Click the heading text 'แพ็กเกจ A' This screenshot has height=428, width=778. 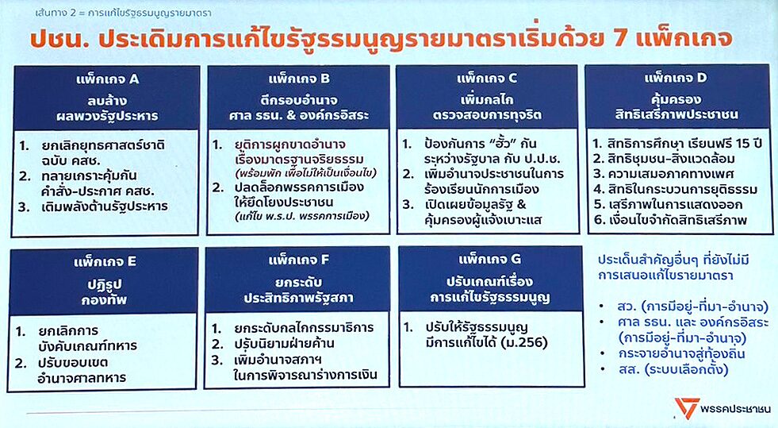point(108,79)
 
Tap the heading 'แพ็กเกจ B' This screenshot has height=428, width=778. point(299,79)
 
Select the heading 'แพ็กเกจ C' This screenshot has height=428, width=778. point(487,78)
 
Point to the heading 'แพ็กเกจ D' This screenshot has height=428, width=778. point(675,78)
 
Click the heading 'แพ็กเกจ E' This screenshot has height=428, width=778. point(105,262)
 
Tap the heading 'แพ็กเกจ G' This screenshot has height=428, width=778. point(490,259)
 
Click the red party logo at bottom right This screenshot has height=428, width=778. point(687,407)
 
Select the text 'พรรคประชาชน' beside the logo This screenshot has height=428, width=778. point(736,409)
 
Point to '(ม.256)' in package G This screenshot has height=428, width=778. point(524,342)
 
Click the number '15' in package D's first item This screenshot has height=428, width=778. point(743,144)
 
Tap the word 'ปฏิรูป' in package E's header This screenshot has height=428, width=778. point(104,284)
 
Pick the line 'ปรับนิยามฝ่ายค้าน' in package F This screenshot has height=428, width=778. point(284,344)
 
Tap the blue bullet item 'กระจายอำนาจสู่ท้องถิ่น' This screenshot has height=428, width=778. point(681,353)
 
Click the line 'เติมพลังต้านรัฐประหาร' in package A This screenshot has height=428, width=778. point(105,206)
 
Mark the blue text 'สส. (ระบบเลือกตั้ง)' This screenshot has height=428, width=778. point(673,369)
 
